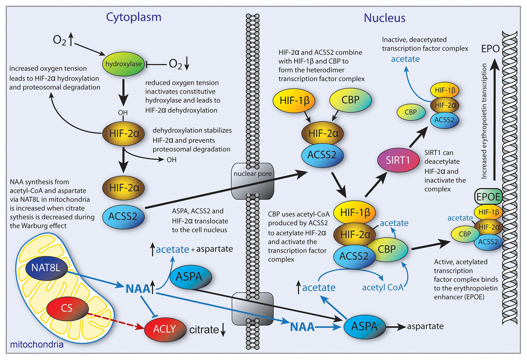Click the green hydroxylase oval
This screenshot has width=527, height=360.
coord(123,64)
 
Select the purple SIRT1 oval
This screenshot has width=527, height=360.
coord(398,160)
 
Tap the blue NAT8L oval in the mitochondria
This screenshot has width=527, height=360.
coord(46,268)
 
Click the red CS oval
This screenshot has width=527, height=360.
coord(67,308)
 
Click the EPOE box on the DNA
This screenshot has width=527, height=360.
coord(488,197)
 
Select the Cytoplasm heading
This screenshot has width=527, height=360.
coord(134,17)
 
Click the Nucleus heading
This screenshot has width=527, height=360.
coord(385,18)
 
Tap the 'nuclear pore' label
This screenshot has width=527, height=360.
coord(253,174)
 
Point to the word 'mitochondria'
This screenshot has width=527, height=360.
coord(37,344)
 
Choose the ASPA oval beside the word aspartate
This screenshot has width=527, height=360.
coord(364,326)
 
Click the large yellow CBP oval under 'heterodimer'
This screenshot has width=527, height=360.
coord(350,100)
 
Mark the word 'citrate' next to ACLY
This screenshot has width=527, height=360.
coord(204,330)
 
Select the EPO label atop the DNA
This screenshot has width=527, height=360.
coord(490,49)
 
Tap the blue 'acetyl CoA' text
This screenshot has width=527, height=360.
coord(382,287)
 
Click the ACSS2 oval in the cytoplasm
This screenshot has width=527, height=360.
coord(123,216)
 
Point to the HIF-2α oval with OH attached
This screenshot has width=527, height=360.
coord(124,133)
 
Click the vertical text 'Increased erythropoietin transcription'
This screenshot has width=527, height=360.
coord(484,121)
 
